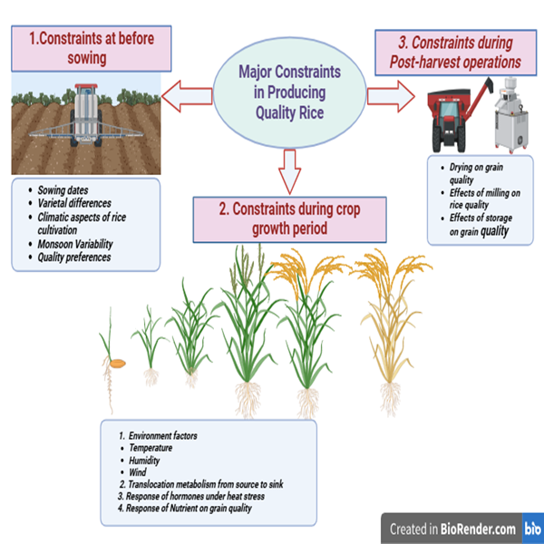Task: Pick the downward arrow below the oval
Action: [x=288, y=169]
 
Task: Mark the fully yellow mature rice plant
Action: [x=391, y=326]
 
